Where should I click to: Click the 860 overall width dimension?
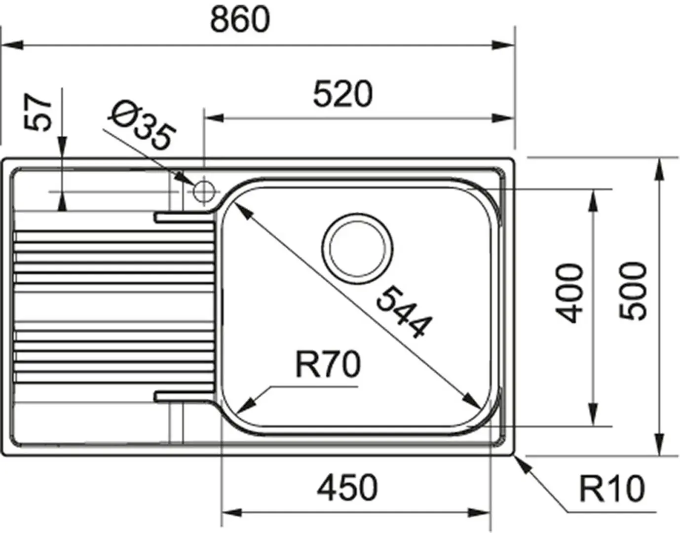240,20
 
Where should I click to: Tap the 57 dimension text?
38,113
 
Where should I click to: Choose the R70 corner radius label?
328,365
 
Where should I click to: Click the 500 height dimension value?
633,292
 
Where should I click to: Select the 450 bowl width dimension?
347,488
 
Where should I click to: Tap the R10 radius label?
611,489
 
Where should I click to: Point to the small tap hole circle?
203,191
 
